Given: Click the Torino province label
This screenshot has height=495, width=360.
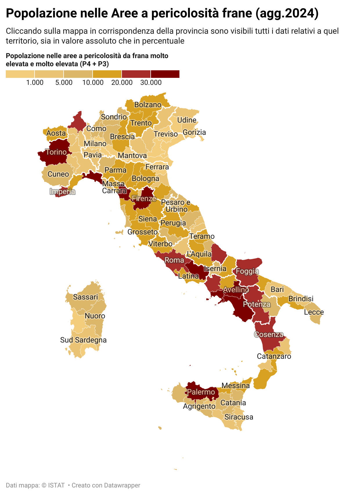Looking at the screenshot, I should [56, 152].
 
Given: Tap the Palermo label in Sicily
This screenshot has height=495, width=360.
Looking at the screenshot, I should [201, 392].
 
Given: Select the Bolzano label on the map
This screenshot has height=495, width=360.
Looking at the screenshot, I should [148, 105].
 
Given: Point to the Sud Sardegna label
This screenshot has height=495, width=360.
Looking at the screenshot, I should [83, 340].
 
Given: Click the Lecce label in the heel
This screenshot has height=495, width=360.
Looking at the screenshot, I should [314, 312].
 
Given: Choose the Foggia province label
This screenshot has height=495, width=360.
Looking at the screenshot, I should [247, 271].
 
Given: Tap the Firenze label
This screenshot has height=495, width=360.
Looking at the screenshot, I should [144, 198].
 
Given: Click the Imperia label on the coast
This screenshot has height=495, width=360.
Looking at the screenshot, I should [62, 191].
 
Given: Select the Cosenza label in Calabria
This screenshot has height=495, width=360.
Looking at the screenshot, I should [269, 334].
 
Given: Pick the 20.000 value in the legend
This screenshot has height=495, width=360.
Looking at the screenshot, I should [122, 82].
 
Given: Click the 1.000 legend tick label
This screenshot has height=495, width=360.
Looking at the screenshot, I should [35, 82].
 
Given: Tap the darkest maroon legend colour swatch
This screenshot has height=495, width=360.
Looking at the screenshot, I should [165, 74].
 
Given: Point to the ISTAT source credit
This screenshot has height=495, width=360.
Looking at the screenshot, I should [56, 485].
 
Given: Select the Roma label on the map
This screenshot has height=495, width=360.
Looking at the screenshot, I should [174, 260].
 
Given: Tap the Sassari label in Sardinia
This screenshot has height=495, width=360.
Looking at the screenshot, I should [85, 297].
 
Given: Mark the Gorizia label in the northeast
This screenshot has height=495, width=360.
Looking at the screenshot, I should [194, 132].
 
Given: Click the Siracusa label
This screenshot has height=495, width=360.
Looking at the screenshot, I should [239, 417].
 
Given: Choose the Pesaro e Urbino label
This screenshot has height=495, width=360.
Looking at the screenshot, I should [176, 206].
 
